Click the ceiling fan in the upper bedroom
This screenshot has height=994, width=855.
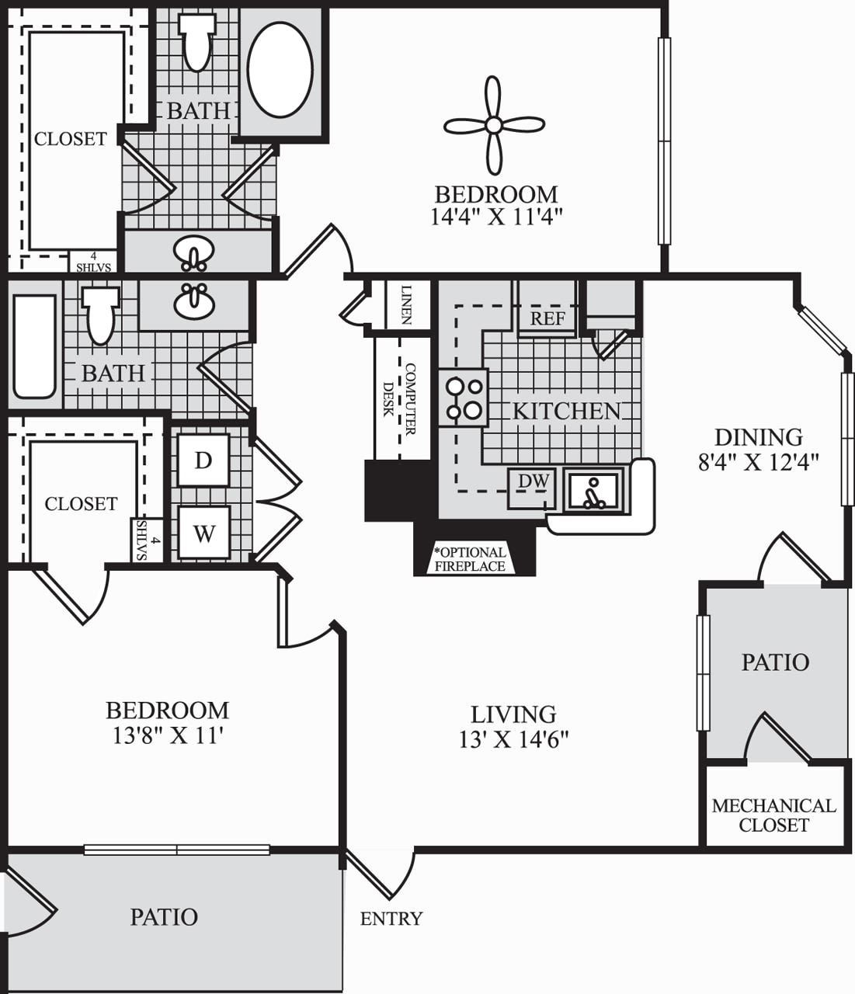(494, 125)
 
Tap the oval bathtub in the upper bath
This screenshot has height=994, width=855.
(280, 70)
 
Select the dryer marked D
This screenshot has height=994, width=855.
(203, 461)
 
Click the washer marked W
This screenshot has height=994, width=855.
(203, 533)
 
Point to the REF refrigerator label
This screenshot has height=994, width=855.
(547, 318)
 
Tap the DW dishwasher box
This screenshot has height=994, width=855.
(533, 482)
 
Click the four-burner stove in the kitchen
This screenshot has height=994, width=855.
(463, 398)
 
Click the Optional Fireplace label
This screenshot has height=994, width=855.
(470, 559)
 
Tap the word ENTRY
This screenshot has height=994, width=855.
(391, 919)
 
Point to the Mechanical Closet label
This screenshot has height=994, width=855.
(773, 815)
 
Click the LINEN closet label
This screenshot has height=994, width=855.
(406, 304)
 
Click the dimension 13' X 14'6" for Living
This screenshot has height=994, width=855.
(513, 739)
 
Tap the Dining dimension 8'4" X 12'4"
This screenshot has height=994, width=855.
(758, 463)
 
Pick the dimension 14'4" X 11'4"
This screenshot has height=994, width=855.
(495, 216)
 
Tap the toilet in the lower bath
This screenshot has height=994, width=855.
(101, 315)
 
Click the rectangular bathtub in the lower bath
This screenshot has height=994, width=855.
(35, 346)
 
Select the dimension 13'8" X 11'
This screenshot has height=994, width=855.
(168, 735)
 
